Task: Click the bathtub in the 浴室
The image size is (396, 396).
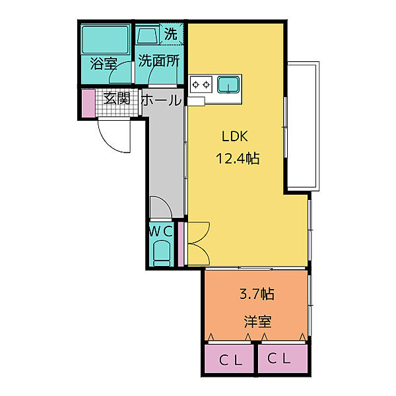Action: pos(105,40)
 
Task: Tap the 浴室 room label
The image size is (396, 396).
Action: pos(104,63)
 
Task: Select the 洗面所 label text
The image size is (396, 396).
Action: pos(159,61)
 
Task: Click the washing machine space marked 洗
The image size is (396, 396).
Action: pos(171,34)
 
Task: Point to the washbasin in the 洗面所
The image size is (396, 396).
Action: pos(147,35)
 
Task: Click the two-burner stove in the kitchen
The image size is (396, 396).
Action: pos(201,84)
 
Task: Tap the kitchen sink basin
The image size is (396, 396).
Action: pos(228,84)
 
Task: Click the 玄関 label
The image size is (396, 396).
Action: pos(117,98)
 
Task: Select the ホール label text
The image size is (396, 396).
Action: pos(162,100)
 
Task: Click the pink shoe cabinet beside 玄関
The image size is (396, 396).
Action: pos(88,103)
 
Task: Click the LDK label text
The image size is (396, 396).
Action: pos(234,137)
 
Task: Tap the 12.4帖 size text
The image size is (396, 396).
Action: pos(238,158)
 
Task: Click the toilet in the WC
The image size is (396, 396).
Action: pos(162,253)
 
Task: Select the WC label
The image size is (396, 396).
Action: pos(161,231)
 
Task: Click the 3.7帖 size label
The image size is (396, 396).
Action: pos(257,294)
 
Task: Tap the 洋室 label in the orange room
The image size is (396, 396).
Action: pos(257,321)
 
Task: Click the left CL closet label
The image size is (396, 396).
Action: pos(230,360)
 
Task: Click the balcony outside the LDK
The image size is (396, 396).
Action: pos(303,126)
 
